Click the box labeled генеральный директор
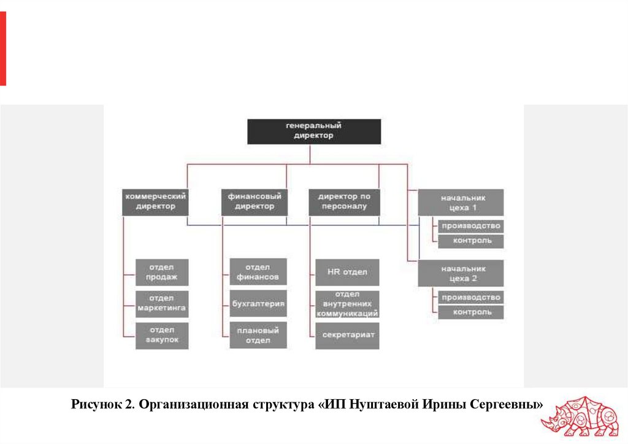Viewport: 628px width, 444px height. (x=313, y=131)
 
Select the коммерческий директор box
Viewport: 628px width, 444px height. (x=156, y=202)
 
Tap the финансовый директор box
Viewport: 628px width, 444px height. (x=255, y=202)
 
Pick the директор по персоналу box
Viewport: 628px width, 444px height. (x=344, y=202)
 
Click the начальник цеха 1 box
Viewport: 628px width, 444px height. (x=461, y=202)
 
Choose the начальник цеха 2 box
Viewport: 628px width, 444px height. (x=461, y=273)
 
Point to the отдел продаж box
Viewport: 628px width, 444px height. (x=162, y=272)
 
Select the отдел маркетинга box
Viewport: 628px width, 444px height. (x=162, y=303)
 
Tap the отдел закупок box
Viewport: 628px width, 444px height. (x=162, y=335)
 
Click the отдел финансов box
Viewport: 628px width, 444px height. (x=258, y=272)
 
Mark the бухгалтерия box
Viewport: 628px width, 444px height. (x=258, y=303)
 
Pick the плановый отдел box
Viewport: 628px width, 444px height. (x=258, y=335)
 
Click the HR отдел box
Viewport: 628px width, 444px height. (x=347, y=272)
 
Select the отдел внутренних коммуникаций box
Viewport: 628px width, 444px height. (x=347, y=303)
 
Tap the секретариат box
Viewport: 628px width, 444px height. (x=347, y=335)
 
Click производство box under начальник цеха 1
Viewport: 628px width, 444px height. (x=471, y=225)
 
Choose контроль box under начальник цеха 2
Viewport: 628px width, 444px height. (x=471, y=313)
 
